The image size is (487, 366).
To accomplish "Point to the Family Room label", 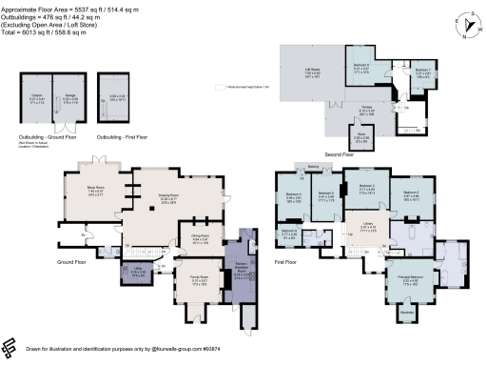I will [x=199, y=280].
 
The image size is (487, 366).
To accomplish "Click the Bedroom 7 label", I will [x=423, y=71].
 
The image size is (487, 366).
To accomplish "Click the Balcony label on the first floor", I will [x=315, y=165].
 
